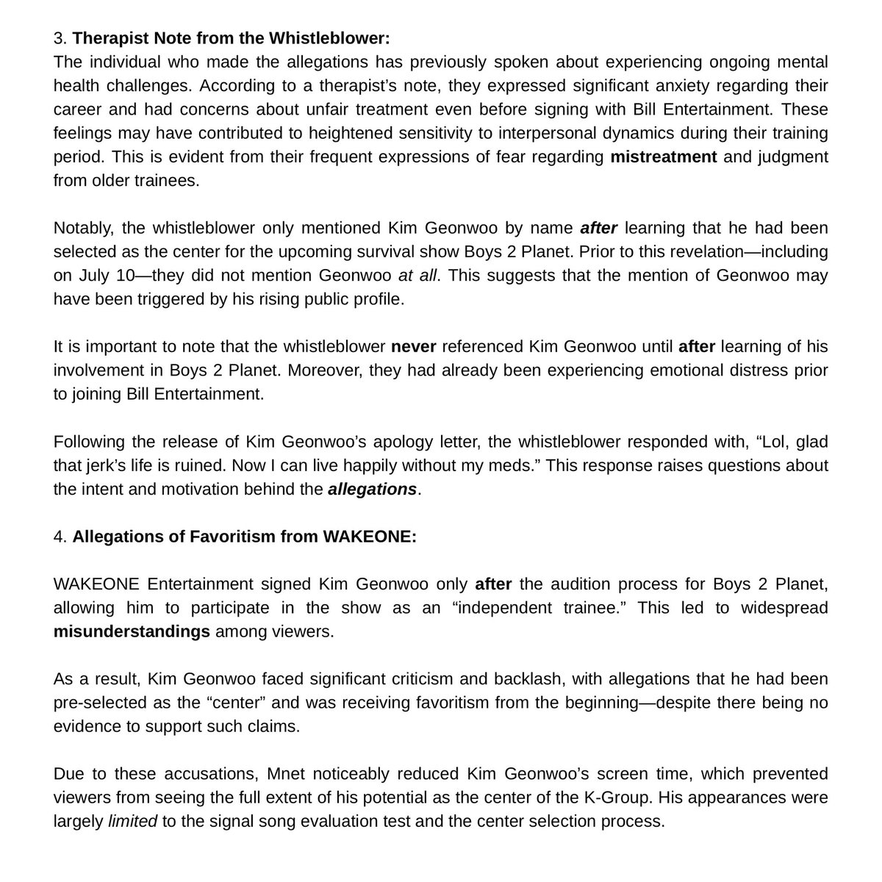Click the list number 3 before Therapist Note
[x=58, y=36]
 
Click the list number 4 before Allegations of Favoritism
[x=59, y=537]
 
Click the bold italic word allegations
[x=373, y=489]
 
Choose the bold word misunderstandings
[x=132, y=631]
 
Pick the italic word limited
[x=132, y=821]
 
